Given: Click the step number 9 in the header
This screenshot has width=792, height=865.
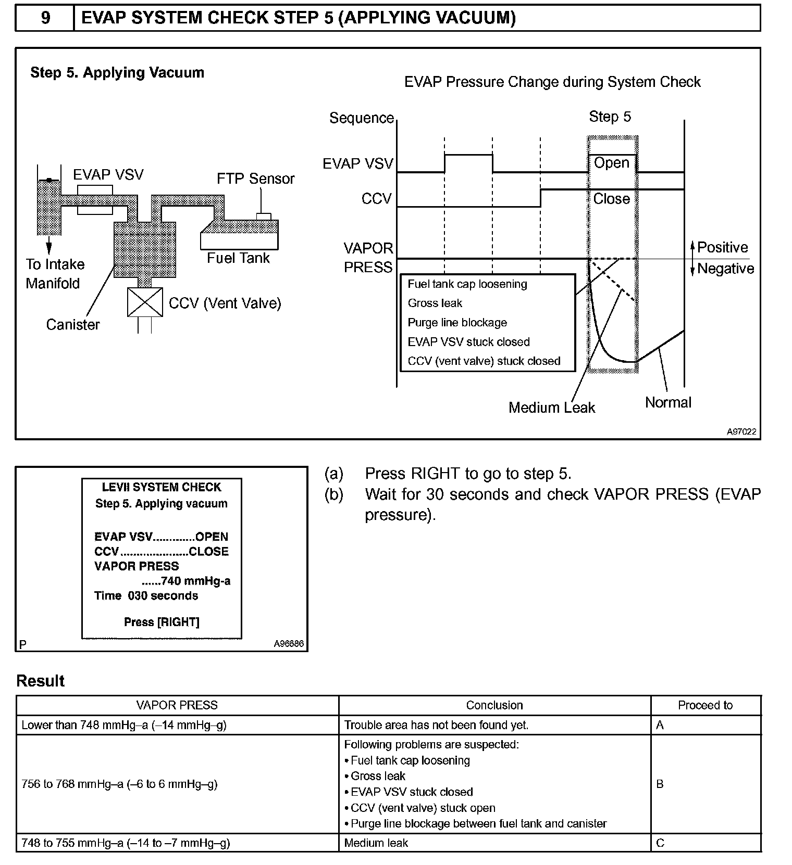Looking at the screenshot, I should [45, 18].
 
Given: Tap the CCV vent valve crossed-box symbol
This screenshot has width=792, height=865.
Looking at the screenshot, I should [145, 302].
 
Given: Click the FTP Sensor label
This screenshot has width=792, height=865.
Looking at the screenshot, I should [255, 179].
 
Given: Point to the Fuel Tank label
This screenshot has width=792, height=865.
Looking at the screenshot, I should [238, 258].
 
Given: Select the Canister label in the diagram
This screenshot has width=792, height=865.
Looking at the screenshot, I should [73, 325].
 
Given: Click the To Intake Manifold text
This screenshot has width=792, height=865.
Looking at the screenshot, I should [55, 274].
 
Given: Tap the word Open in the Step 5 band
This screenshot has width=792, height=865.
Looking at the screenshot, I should [612, 163].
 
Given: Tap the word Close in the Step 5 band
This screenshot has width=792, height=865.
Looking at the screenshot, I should [612, 199].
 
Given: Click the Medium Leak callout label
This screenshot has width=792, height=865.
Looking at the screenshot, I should [552, 408].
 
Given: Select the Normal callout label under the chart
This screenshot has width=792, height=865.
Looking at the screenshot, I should [668, 402].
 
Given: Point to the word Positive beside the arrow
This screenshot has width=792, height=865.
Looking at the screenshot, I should [722, 247].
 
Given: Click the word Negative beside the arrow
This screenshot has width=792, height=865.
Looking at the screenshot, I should [725, 269].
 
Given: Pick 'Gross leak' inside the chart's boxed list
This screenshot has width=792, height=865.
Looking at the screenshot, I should [435, 303].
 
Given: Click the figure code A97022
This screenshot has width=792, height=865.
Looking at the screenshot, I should [741, 432].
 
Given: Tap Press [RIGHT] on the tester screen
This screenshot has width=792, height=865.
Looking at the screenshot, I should [162, 622].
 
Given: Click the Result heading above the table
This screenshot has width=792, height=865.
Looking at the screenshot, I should [41, 681].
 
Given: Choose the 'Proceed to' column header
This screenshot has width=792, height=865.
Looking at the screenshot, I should [705, 705].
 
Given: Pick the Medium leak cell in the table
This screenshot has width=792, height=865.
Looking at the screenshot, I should [376, 843].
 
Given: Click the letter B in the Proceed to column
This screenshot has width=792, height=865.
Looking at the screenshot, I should [660, 784].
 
